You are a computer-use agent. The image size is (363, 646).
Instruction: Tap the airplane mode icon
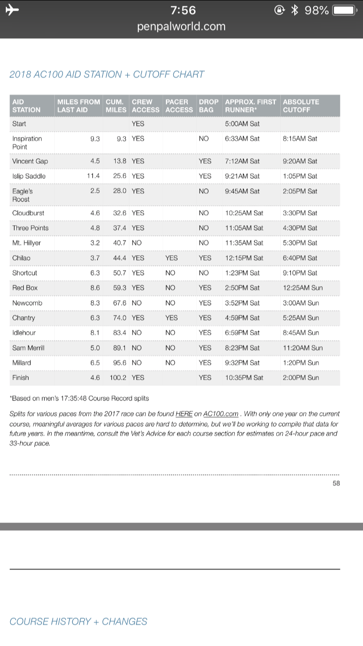point(11,10)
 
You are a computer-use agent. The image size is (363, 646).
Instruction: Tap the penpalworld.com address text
point(181,26)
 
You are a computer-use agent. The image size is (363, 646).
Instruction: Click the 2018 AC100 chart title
point(107,75)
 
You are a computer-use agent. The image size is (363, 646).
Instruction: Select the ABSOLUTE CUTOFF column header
point(301,106)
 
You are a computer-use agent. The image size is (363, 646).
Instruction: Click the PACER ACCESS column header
point(179,106)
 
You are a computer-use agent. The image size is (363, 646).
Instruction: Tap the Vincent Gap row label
point(30,161)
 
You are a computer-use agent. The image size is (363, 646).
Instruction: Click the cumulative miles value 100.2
point(118,378)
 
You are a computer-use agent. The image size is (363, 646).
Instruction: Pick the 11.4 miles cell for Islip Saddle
point(93,176)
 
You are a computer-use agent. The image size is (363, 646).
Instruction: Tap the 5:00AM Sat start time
point(242,124)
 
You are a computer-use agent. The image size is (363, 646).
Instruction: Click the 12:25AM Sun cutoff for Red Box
point(302,288)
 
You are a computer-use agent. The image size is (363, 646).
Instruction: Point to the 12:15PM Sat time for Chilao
point(244,258)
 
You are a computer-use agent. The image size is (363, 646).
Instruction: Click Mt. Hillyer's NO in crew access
point(136,243)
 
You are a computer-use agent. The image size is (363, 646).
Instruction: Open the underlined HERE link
point(184,414)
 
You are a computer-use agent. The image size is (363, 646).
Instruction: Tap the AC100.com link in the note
point(221,414)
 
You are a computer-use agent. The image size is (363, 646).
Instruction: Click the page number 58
point(336,483)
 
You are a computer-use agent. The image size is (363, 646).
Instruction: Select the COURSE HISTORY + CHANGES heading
point(78,621)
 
